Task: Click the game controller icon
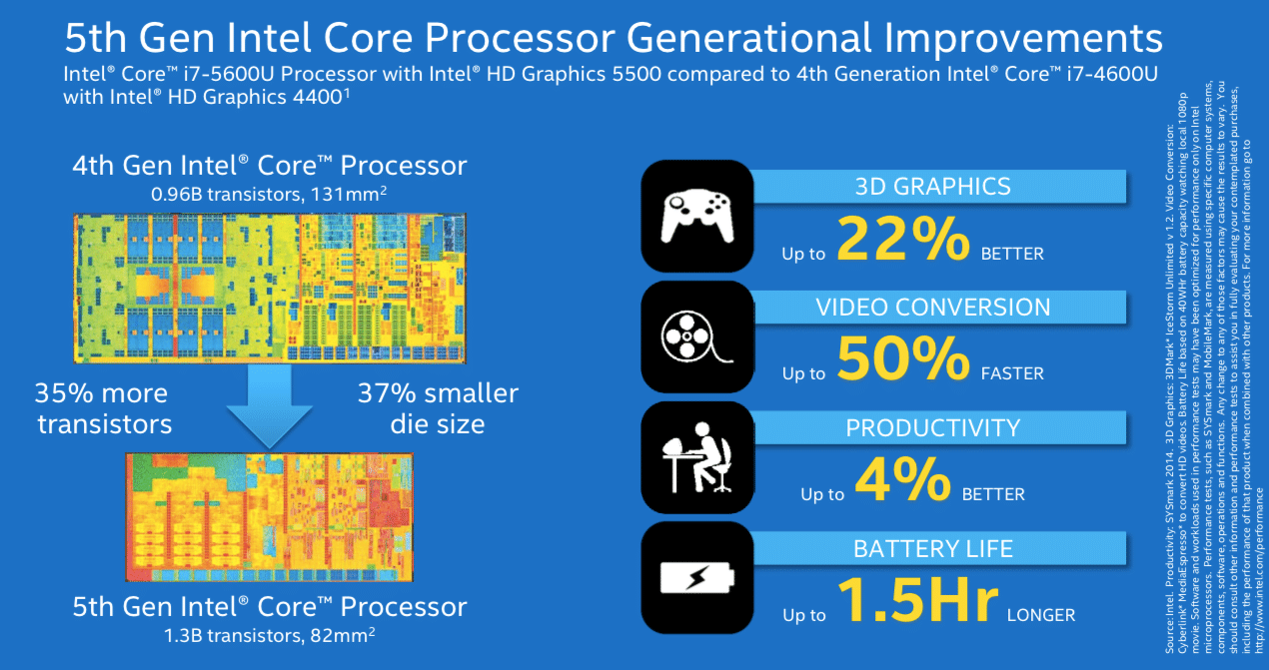[x=696, y=215]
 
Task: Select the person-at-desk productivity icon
[x=696, y=458]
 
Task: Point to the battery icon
[x=696, y=578]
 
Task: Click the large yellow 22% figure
[x=902, y=240]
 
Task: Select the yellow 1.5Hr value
[x=917, y=602]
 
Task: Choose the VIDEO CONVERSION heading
[x=933, y=307]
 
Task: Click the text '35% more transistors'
[x=104, y=407]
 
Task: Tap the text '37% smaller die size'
[x=438, y=407]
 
